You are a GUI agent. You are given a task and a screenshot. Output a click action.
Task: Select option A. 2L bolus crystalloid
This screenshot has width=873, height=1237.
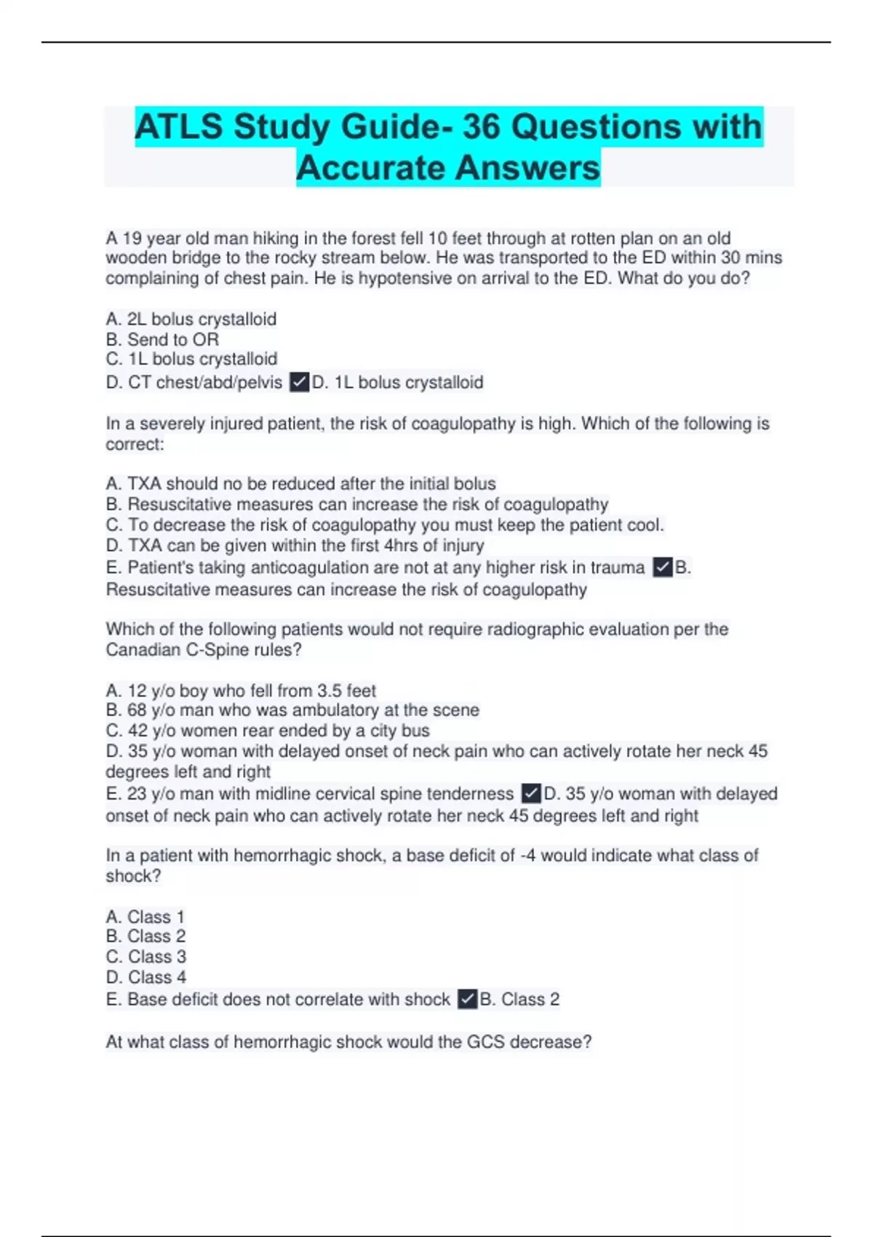tap(191, 319)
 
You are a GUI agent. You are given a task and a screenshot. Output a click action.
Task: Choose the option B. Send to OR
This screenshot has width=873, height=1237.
tap(162, 339)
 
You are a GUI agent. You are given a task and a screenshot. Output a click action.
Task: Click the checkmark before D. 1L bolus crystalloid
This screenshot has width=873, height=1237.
tap(299, 382)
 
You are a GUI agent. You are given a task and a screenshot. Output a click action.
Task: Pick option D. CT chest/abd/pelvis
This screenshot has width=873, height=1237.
tap(194, 382)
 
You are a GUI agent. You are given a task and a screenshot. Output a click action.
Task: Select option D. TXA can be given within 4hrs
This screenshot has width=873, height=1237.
tap(295, 545)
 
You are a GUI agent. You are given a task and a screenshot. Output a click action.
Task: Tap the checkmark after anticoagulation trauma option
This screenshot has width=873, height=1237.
tap(662, 567)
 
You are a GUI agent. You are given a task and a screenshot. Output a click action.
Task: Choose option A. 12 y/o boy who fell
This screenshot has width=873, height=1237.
tap(241, 690)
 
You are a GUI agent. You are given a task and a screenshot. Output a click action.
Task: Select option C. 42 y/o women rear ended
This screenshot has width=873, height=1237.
tap(268, 730)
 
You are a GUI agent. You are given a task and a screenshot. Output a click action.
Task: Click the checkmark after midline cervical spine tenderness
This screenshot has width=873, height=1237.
tap(531, 793)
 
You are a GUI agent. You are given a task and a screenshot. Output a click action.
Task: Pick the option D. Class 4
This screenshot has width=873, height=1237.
tap(145, 977)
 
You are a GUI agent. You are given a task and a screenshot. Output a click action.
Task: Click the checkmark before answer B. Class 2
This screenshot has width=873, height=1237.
tap(467, 999)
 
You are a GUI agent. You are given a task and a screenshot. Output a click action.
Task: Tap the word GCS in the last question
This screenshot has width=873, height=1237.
tap(485, 1041)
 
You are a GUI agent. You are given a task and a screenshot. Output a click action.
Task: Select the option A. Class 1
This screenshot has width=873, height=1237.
tap(145, 916)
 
